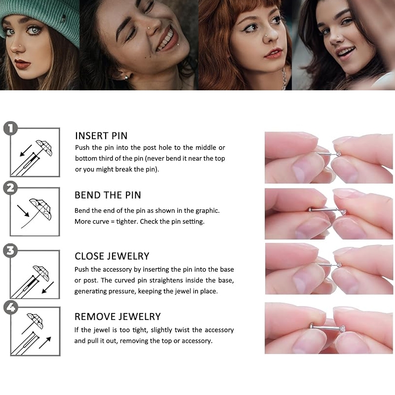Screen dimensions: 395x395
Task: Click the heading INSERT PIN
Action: tap(101, 136)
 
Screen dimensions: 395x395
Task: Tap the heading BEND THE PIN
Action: tap(108, 195)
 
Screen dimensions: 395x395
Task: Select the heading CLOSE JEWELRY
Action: tap(112, 256)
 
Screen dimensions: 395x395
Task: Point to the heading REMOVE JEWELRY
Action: tap(118, 316)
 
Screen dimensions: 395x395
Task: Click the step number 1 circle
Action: tap(10, 128)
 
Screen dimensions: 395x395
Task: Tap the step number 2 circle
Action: tap(10, 188)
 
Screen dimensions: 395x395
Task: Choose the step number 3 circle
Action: tap(10, 251)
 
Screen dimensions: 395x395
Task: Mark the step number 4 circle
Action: tap(11, 307)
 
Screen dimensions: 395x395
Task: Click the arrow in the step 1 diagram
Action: tap(26, 151)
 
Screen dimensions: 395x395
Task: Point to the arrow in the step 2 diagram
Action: tap(23, 211)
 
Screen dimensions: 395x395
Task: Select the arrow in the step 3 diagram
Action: tap(48, 287)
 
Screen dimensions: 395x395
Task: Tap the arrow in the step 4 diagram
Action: tap(45, 343)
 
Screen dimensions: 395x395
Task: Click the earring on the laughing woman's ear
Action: tap(126, 78)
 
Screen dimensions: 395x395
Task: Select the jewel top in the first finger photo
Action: tap(338, 153)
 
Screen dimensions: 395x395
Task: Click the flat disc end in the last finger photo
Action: tap(312, 326)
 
